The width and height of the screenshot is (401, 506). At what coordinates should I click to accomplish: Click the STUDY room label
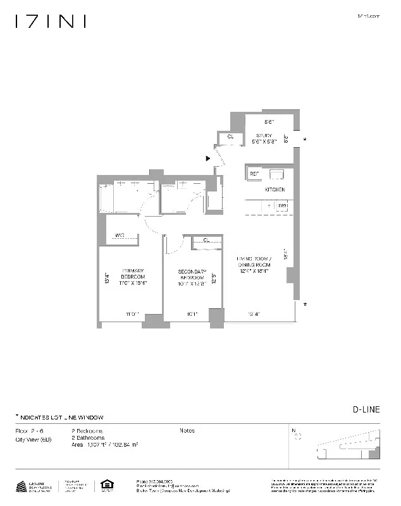[x=263, y=135]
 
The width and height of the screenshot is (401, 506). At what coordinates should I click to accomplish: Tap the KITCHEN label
[x=274, y=190]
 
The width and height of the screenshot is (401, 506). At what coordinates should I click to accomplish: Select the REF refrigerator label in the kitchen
[x=254, y=173]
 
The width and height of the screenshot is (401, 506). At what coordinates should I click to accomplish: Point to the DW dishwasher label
[x=283, y=205]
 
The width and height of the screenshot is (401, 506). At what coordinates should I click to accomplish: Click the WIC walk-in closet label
[x=120, y=236]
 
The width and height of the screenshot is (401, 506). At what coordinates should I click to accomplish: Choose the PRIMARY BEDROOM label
[x=133, y=277]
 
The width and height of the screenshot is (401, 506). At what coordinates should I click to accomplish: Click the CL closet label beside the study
[x=230, y=136]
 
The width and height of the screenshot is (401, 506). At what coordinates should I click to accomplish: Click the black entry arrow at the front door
[x=208, y=159]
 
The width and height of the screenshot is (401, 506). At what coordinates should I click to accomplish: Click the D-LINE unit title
[x=366, y=409]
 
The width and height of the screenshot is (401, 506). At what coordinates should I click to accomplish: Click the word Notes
[x=187, y=431]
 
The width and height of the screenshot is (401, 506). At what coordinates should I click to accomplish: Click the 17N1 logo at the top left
[x=50, y=21]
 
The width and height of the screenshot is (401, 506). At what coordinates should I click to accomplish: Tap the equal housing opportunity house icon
[x=105, y=486]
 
